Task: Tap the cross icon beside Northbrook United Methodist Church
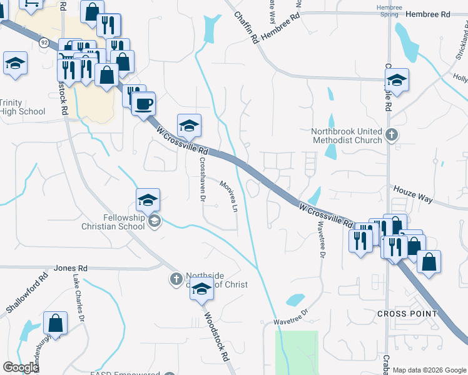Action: tap(392, 134)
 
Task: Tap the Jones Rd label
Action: tap(70, 267)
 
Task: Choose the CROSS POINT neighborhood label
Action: tap(404, 312)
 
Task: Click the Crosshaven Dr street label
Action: tap(202, 179)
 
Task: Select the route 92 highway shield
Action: tap(44, 42)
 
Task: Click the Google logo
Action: tap(21, 367)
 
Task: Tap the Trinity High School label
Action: tap(22, 107)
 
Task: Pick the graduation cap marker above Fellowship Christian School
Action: tap(148, 200)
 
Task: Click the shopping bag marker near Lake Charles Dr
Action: tap(56, 323)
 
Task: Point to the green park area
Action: tap(297, 352)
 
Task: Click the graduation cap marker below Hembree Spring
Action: tap(397, 80)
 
